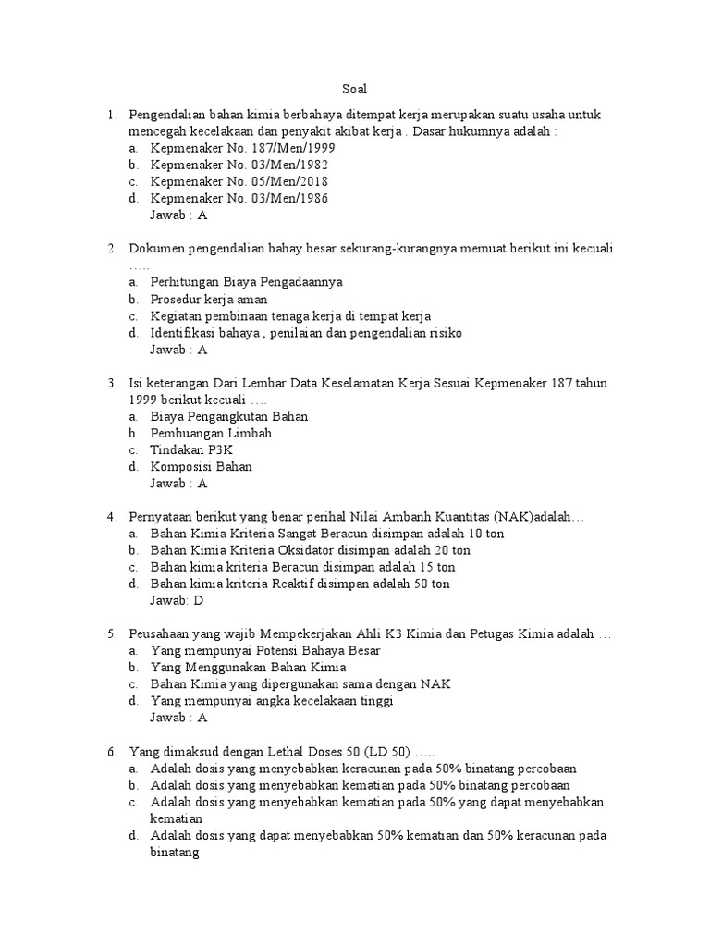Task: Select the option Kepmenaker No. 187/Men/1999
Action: point(242,148)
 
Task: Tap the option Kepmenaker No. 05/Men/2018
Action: point(239,181)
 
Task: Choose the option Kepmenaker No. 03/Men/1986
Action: point(239,198)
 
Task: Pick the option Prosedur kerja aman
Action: point(209,300)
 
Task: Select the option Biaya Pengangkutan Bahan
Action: point(228,416)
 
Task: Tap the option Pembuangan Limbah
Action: point(211,433)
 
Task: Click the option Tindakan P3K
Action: point(192,449)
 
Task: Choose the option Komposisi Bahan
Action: point(201,466)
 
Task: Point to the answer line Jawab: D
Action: point(176,600)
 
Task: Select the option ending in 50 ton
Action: point(300,584)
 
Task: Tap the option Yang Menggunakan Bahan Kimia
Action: point(248,667)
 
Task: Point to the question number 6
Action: point(111,751)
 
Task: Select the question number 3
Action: point(111,383)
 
